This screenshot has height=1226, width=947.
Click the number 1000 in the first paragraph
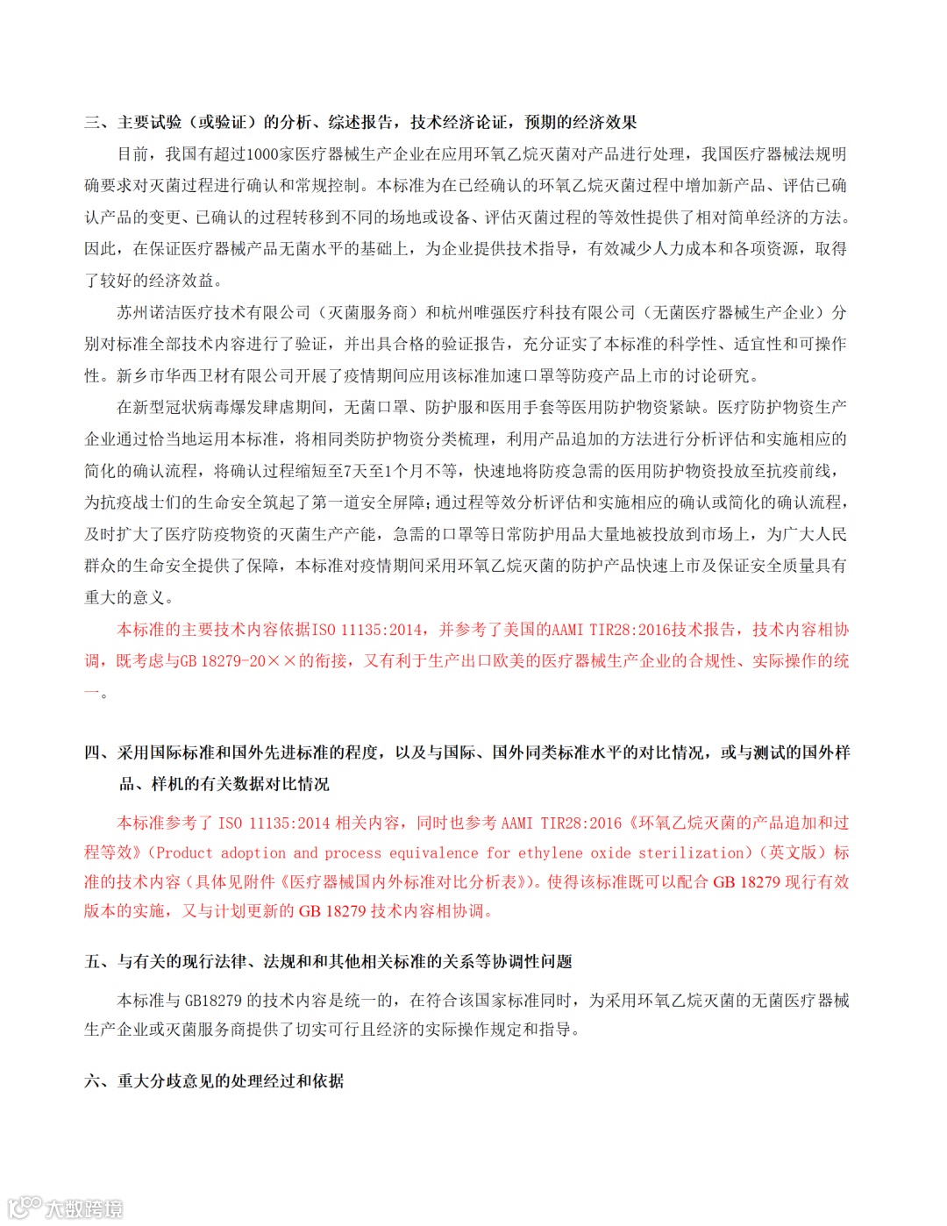coord(262,154)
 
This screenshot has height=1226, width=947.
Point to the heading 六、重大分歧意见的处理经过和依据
coord(214,1081)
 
